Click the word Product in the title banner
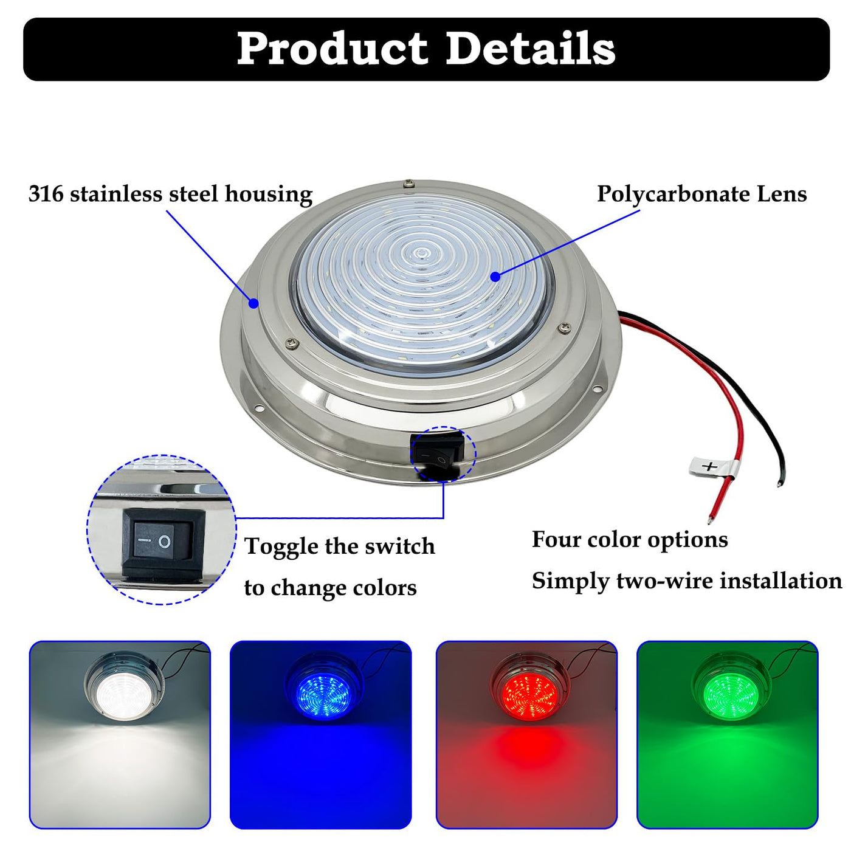tap(332, 50)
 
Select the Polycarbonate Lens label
tap(701, 195)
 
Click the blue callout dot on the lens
tap(495, 277)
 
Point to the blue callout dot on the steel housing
tap(253, 303)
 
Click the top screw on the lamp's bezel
tap(409, 183)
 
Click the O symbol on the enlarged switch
tap(164, 542)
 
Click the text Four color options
tap(630, 540)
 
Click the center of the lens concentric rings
tap(419, 253)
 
